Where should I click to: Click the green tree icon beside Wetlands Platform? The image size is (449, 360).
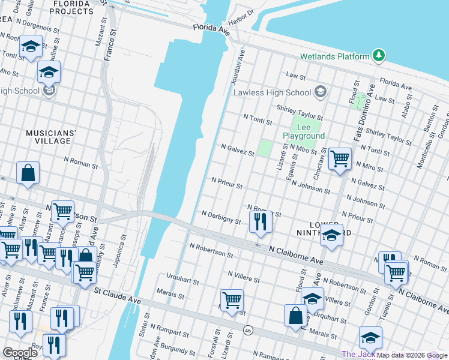378,56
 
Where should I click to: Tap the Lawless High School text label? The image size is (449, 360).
272,92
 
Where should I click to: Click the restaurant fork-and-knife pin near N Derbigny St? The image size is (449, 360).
260,221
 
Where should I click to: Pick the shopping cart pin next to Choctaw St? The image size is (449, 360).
340,159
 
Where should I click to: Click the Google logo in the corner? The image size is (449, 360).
20,352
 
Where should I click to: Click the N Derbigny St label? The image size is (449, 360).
221,217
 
